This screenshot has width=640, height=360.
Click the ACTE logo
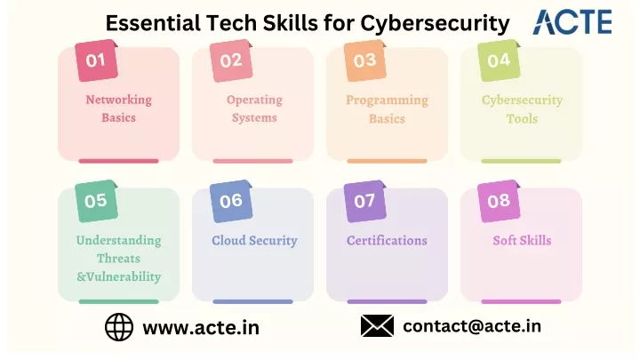pos(572,22)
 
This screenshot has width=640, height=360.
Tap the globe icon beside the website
pos(119,327)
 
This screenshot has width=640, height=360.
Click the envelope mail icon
pos(377,325)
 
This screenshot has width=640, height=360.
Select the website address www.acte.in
pos(201,327)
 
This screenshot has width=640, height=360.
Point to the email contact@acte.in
pos(472,326)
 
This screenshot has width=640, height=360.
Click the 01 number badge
pos(96,60)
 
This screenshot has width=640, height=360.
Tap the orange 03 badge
pos(365,60)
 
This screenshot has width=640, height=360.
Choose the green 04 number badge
pos(499,60)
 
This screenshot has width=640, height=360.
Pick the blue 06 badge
pos(231,201)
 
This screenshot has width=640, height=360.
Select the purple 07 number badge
pos(365,201)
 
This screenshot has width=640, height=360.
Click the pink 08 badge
pos(499,201)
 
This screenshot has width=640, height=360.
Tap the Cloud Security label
pos(254,240)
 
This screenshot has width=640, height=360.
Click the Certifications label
pos(387,240)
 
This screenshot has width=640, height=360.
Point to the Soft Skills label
pos(522,240)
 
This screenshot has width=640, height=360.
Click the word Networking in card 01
pos(119,100)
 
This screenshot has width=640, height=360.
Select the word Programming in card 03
pos(387,100)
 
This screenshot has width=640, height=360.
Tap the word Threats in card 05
pos(119,259)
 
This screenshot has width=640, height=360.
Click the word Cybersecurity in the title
pos(435,23)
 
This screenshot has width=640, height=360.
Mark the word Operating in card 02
pos(254,100)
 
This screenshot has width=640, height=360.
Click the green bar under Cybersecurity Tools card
pos(521,161)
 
